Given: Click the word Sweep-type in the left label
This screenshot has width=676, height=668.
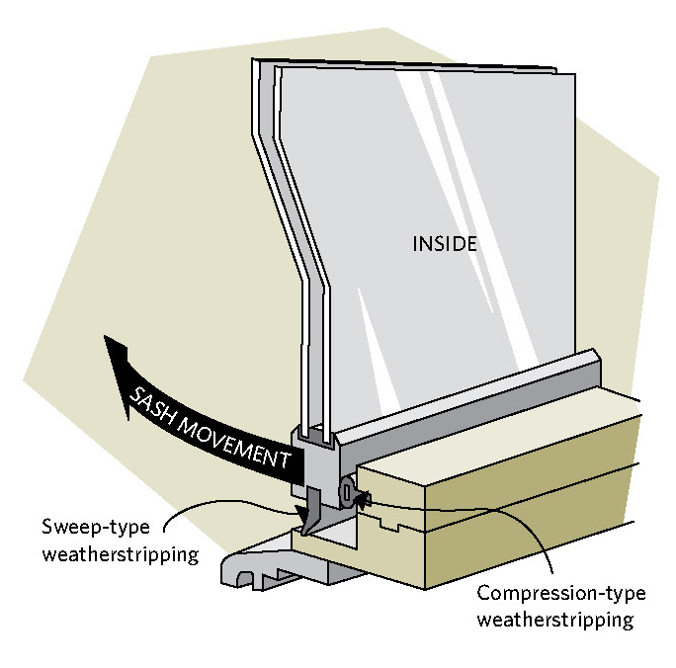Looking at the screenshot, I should (94, 526).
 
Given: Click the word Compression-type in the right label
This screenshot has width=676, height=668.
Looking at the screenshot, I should (559, 593).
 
